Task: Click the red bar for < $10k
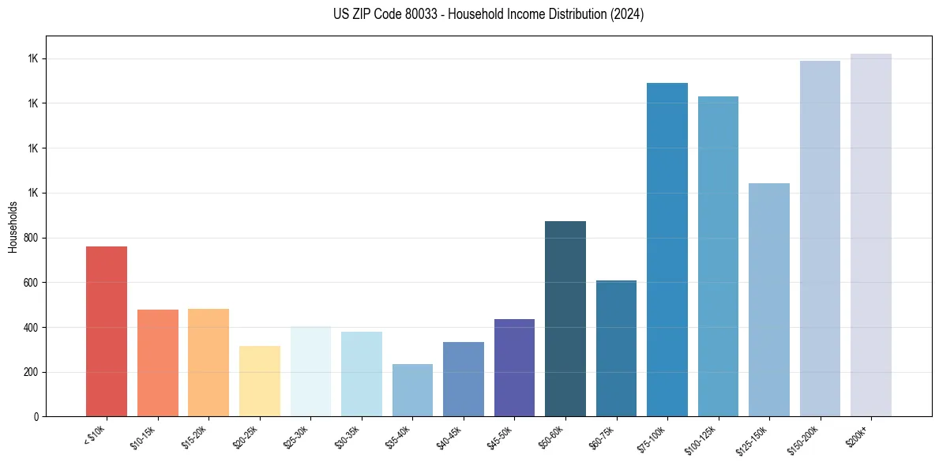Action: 107,332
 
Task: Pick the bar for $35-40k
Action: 412,390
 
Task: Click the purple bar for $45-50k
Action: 514,368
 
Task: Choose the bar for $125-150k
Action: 769,300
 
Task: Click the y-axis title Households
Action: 13,227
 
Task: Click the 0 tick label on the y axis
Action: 37,417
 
